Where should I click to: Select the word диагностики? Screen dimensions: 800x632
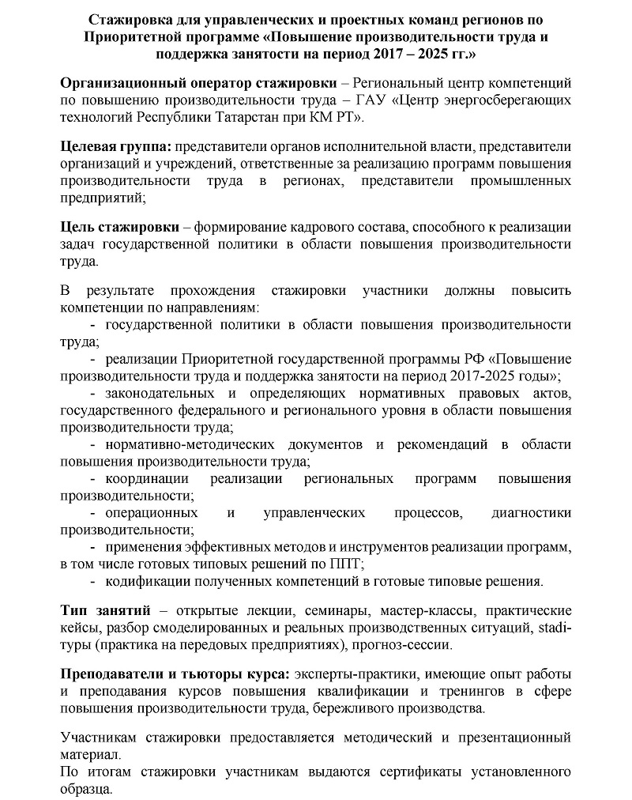pos(531,513)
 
